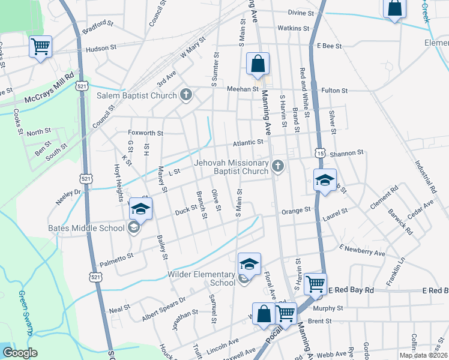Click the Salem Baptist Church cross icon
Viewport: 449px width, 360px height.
186,95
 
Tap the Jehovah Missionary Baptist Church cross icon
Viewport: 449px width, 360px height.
277,166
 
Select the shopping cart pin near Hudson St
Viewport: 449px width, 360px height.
40,46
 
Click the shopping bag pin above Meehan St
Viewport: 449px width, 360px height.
258,64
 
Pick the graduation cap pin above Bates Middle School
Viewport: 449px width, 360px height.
140,208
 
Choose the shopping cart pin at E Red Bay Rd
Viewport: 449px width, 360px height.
315,284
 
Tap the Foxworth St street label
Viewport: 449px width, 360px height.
146,133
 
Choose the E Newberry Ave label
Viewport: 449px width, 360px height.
362,250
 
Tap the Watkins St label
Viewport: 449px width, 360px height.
293,28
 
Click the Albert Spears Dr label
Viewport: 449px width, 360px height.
164,308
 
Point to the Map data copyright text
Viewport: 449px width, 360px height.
423,355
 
